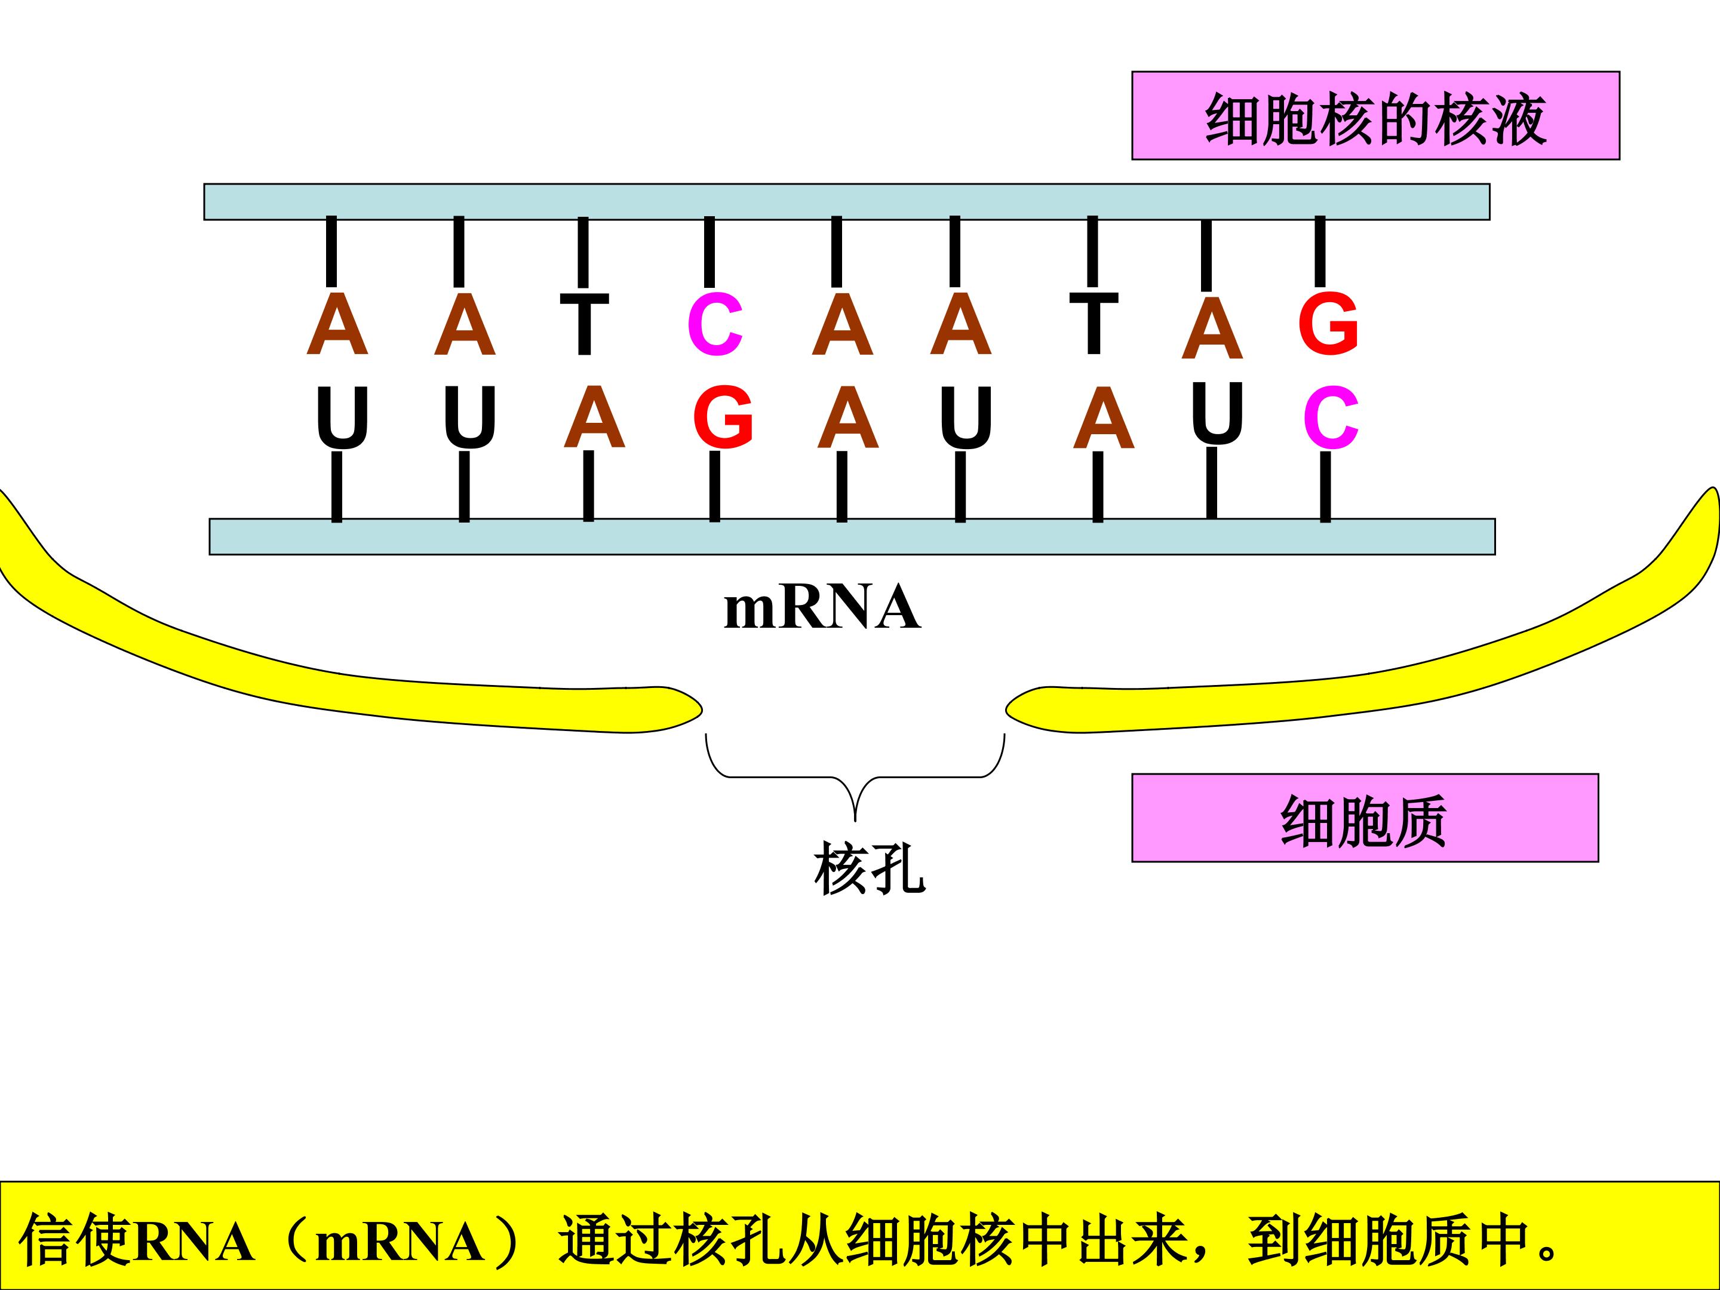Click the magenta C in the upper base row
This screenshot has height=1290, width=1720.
point(715,324)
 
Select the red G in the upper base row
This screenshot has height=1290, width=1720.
point(1328,324)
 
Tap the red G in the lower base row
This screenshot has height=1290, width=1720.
point(723,417)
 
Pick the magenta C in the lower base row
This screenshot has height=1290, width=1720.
point(1331,418)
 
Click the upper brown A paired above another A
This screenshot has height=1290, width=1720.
point(842,324)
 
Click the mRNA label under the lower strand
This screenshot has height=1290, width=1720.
point(822,608)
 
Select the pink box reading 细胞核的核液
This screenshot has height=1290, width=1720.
point(1375,116)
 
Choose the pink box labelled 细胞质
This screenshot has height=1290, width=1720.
point(1365,818)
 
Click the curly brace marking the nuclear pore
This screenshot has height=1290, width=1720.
point(855,777)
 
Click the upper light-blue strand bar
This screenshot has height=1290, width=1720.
point(847,202)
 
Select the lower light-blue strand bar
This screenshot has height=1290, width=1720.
point(852,536)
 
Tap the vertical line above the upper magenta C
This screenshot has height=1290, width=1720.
point(709,252)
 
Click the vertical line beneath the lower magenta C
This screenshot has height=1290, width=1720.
point(1326,487)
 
